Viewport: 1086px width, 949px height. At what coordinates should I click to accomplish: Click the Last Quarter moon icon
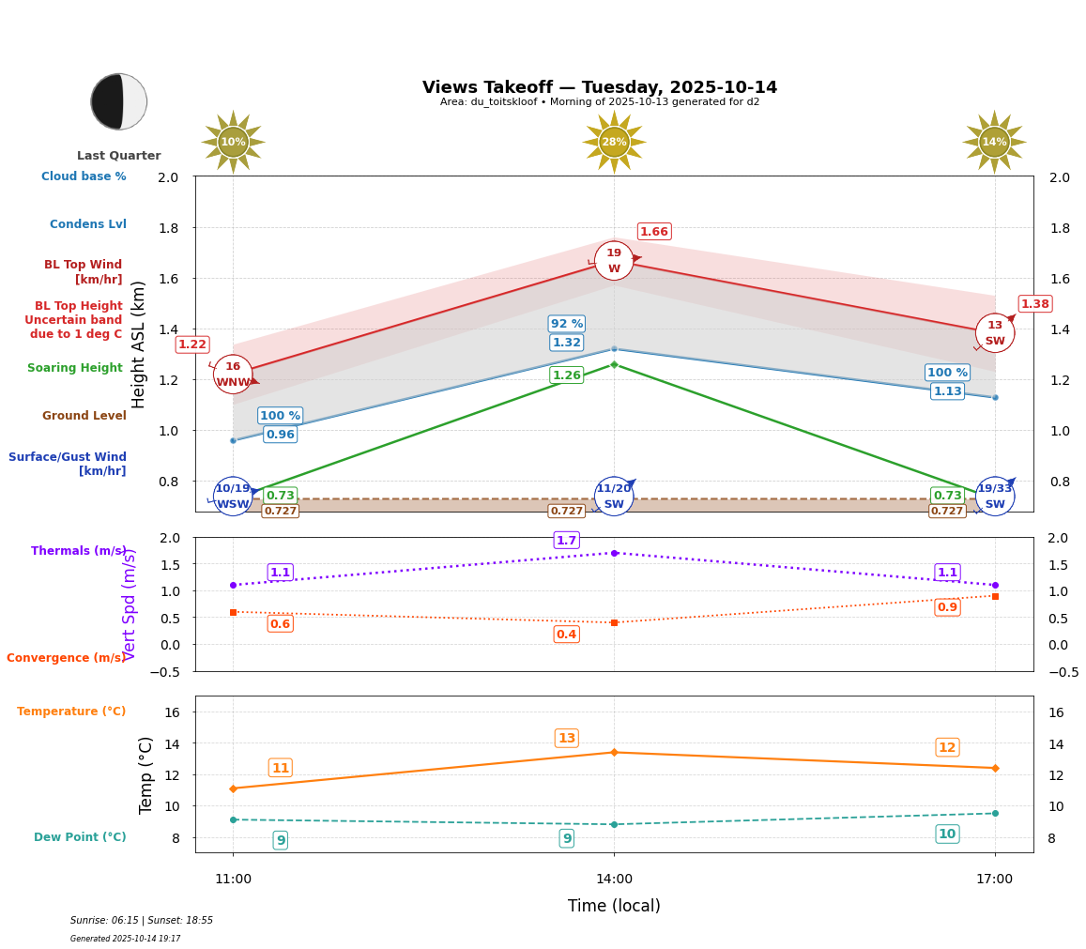coord(119,101)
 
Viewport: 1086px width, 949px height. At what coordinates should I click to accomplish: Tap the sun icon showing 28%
coord(614,142)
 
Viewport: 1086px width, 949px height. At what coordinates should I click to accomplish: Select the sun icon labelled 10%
coord(233,142)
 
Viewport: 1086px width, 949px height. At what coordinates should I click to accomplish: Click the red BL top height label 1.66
coord(654,232)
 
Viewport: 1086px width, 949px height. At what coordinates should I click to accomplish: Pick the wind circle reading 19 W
coord(614,261)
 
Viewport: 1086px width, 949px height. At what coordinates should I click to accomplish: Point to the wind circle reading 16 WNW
coord(233,375)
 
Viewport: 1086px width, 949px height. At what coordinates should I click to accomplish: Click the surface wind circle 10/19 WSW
coord(233,497)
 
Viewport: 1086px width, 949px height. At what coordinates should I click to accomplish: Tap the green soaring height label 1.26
coord(567,375)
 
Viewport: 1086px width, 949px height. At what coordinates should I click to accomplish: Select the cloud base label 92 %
coord(567,324)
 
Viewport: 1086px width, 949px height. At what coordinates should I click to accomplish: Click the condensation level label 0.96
coord(280,435)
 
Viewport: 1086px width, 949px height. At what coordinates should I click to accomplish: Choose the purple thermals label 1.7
coord(567,540)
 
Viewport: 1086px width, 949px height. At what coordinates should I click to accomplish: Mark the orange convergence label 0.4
coord(567,635)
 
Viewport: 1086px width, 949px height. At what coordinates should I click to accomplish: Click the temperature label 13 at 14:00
coord(567,738)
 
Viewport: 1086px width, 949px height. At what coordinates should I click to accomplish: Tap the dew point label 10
coord(947,834)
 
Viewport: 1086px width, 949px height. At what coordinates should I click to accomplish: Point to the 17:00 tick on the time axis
coord(995,880)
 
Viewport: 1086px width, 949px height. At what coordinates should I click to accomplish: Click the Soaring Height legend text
coord(75,368)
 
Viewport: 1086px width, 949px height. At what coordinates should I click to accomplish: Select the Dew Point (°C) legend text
coord(80,837)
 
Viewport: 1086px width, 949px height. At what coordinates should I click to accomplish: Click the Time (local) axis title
coord(614,906)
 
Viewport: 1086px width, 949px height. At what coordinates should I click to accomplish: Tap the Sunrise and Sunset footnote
coord(142,921)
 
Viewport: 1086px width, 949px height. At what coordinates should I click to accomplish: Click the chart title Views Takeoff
coord(600,87)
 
